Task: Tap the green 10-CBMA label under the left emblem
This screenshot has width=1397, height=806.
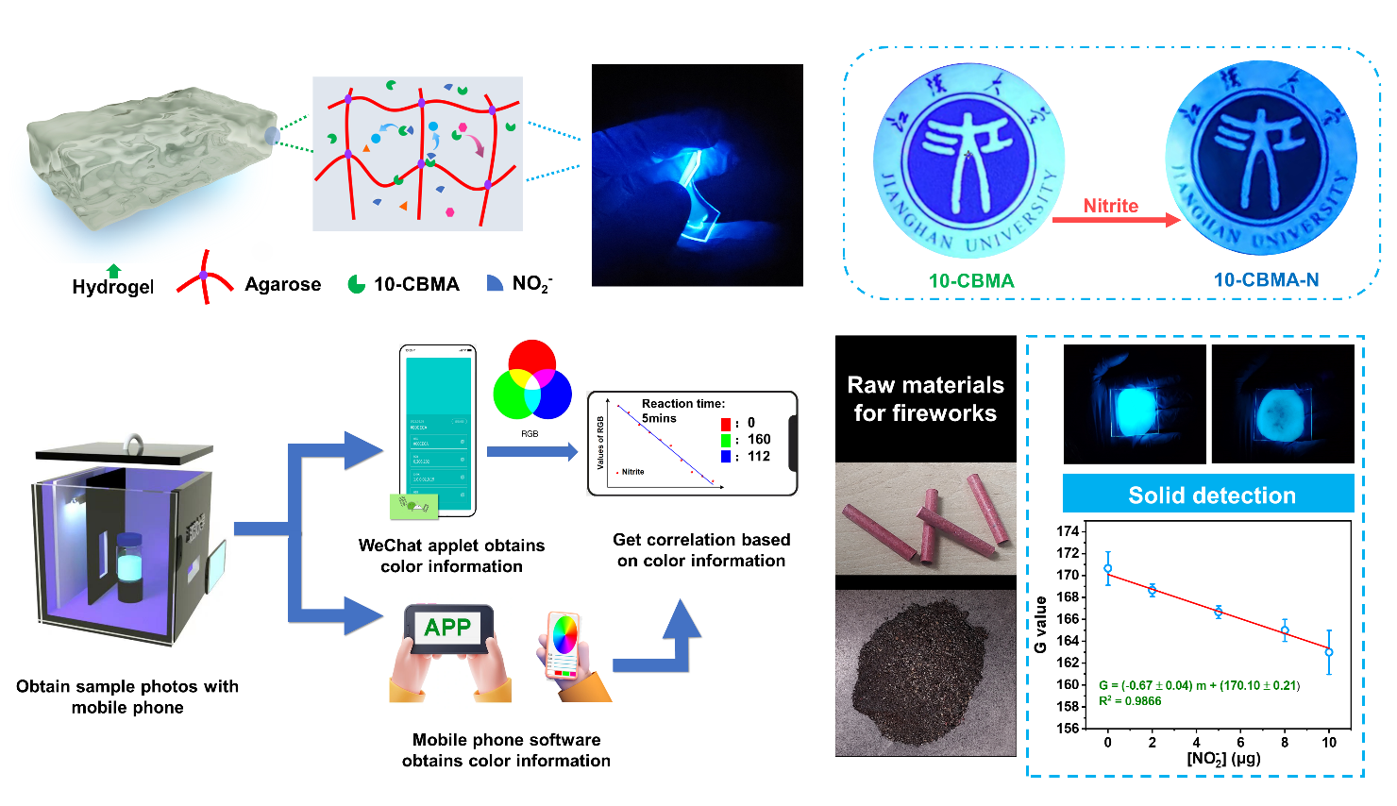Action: tap(971, 280)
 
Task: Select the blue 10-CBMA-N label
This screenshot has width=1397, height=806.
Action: tap(1266, 279)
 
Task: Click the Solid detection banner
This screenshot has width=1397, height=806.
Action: tap(1211, 495)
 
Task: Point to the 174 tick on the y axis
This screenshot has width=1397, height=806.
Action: tap(1068, 531)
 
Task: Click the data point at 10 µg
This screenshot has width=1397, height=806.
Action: tap(1329, 652)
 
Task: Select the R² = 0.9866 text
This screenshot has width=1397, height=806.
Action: tap(1130, 701)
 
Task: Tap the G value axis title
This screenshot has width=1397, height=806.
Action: tap(1040, 625)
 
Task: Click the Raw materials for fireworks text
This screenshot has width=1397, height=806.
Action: tap(925, 398)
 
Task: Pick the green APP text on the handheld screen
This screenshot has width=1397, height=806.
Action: tap(447, 628)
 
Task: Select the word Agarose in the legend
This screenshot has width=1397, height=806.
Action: tap(282, 284)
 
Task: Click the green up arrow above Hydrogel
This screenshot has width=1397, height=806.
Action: tap(114, 271)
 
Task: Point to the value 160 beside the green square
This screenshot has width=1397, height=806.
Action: tap(759, 439)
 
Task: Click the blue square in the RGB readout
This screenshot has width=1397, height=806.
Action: tap(725, 457)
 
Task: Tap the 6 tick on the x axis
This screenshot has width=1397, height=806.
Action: tap(1240, 743)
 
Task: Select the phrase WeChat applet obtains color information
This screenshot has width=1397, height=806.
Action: tap(451, 556)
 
